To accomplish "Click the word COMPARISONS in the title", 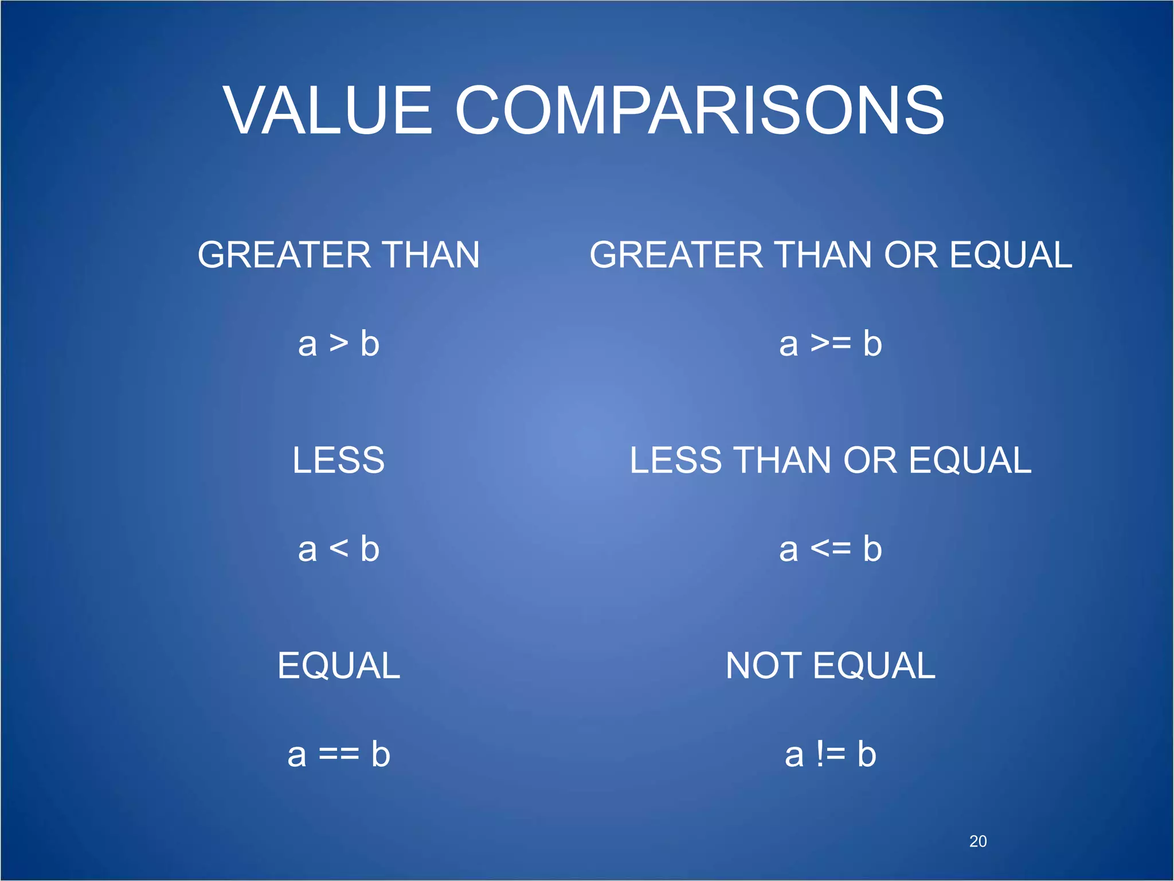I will tap(699, 110).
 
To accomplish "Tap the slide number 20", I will tap(977, 841).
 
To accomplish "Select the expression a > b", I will tap(339, 344).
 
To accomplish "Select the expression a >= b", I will tap(830, 344).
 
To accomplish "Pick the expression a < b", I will tap(339, 549).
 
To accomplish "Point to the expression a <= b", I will tap(830, 549).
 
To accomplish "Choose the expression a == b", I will tap(339, 755).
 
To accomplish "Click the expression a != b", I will tap(830, 755).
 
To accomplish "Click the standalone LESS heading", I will tap(338, 460).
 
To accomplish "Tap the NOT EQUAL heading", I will tap(830, 666).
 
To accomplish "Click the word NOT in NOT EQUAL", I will tap(764, 666).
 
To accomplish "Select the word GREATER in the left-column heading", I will tap(284, 255).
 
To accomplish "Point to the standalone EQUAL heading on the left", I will tap(339, 666).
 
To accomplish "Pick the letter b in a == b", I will tap(380, 755).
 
